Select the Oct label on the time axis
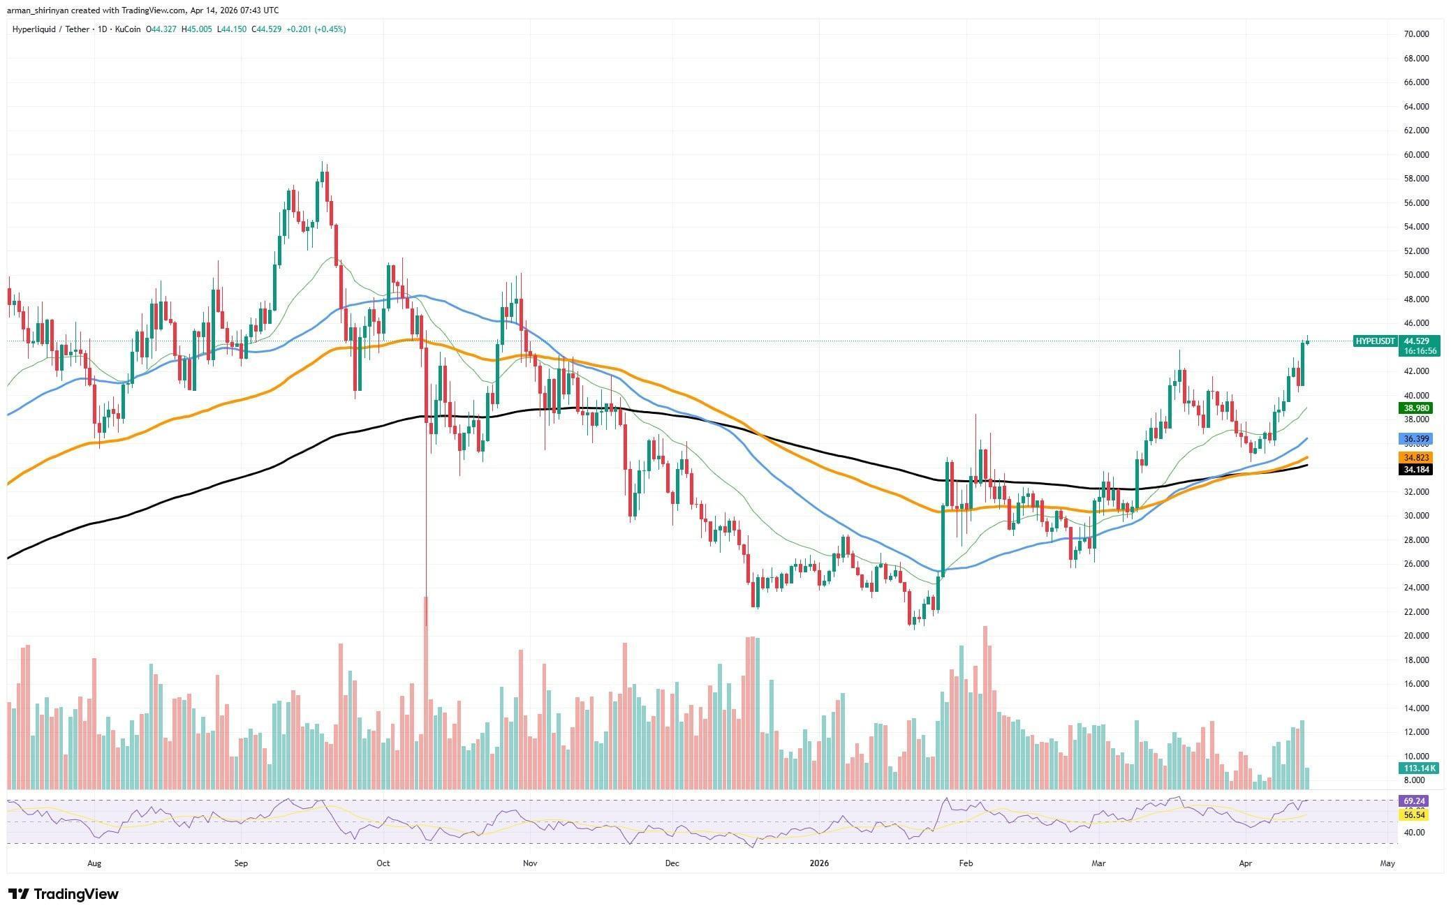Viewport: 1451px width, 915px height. tap(383, 863)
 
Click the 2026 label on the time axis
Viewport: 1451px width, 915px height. tap(819, 863)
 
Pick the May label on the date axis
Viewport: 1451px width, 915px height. tap(1387, 863)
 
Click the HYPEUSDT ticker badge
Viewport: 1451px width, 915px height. tap(1375, 341)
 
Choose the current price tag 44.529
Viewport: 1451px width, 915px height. tap(1417, 341)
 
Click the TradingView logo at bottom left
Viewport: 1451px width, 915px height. tap(64, 894)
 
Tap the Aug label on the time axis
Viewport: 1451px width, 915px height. tap(94, 863)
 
